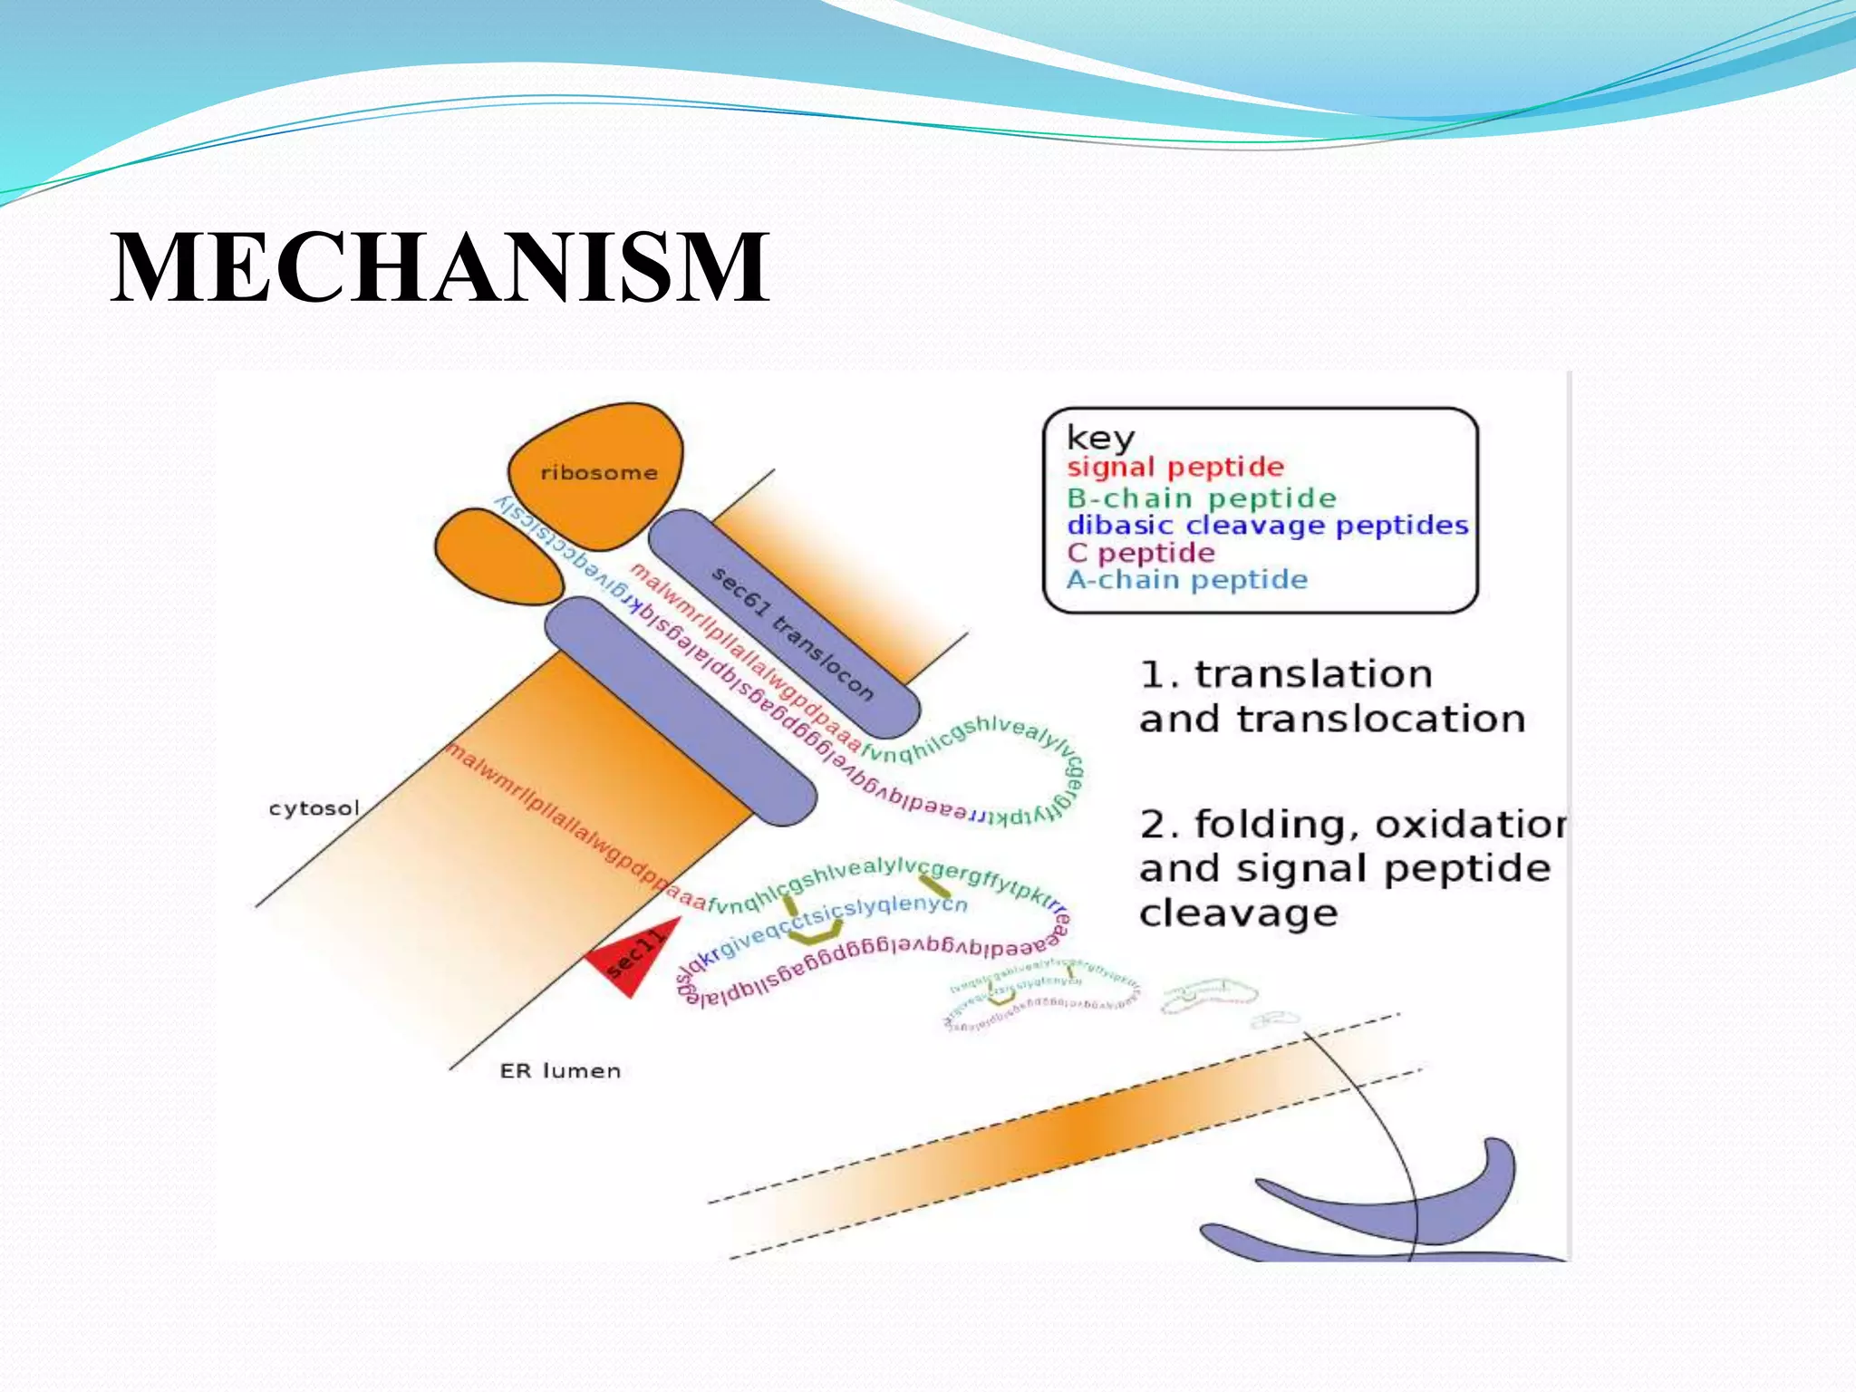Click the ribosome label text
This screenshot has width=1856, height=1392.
pyautogui.click(x=598, y=472)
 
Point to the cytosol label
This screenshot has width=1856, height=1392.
pyautogui.click(x=314, y=807)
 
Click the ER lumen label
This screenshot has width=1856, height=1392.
pyautogui.click(x=560, y=1071)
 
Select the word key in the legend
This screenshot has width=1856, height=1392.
pyautogui.click(x=1100, y=438)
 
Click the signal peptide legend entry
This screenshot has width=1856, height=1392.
pyautogui.click(x=1175, y=468)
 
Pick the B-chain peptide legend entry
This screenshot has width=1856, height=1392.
pyautogui.click(x=1201, y=498)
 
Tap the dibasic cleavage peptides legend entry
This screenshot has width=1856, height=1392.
pyautogui.click(x=1267, y=525)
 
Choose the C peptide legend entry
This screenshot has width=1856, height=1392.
pyautogui.click(x=1140, y=553)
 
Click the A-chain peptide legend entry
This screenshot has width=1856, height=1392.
pyautogui.click(x=1186, y=580)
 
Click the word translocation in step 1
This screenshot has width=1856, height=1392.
pyautogui.click(x=1381, y=720)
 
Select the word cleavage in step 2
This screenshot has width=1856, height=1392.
pyautogui.click(x=1238, y=913)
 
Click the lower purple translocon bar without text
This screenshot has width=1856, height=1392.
pyautogui.click(x=680, y=711)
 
